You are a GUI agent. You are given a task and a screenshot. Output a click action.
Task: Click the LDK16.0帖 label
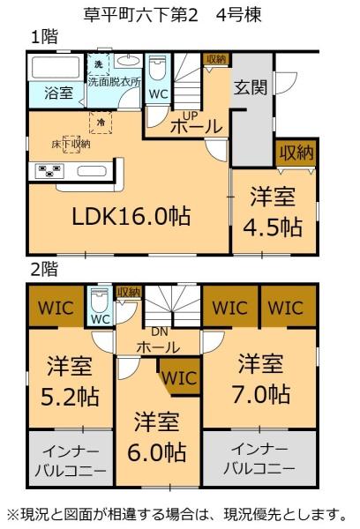(x=133, y=214)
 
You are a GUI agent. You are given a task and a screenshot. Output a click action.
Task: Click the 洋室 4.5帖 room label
(x=274, y=211)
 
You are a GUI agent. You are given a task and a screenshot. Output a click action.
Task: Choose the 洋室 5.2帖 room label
(x=70, y=379)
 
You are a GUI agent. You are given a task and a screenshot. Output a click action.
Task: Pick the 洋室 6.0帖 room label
(x=160, y=437)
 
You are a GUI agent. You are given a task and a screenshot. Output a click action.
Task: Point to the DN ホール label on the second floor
(x=160, y=339)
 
